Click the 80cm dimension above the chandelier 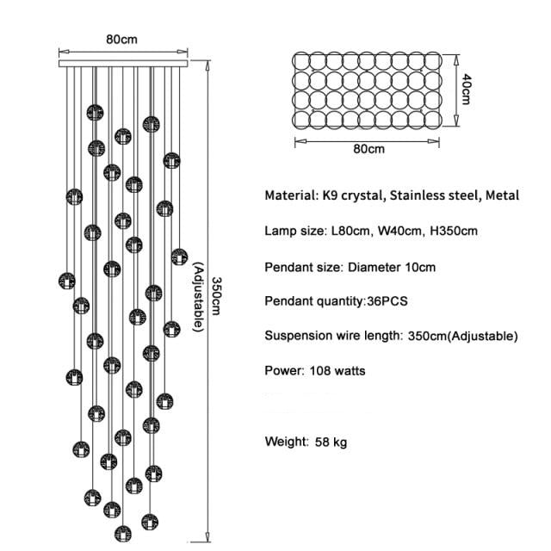[121, 39]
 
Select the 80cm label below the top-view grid [368, 149]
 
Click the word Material [290, 195]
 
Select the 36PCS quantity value [387, 301]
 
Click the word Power [281, 371]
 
